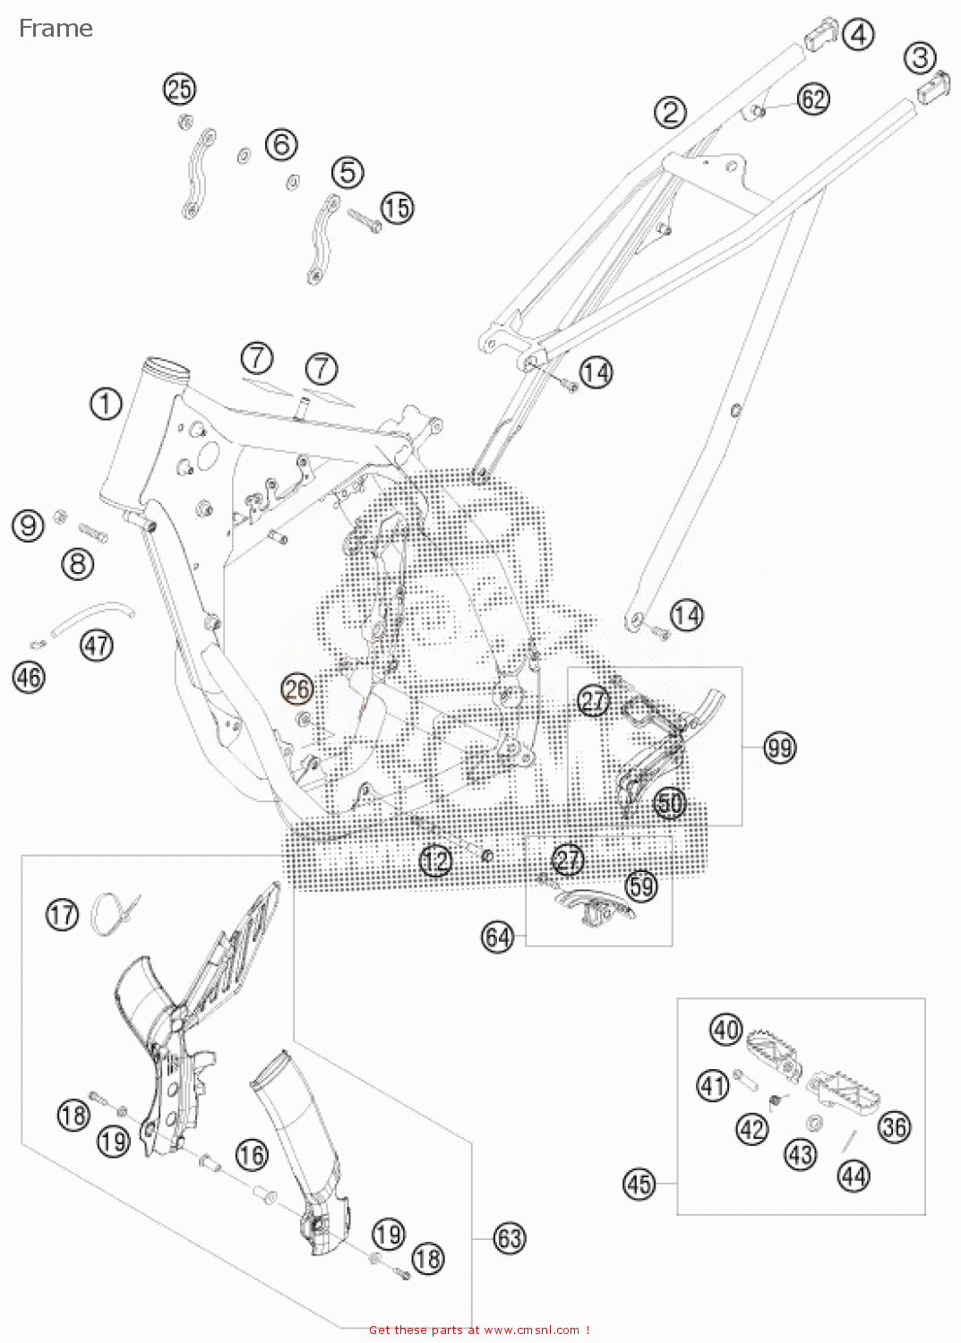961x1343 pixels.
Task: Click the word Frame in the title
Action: [x=56, y=29]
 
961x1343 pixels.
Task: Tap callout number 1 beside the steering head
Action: [x=106, y=404]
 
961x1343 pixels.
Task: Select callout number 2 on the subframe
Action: [x=670, y=113]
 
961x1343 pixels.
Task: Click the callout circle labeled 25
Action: [x=179, y=89]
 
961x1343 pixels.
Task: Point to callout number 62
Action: [x=813, y=98]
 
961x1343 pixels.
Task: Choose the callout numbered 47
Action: [x=97, y=645]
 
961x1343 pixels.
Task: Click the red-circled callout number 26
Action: [x=297, y=689]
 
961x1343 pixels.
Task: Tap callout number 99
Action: [x=779, y=747]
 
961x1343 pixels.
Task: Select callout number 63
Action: [x=509, y=1238]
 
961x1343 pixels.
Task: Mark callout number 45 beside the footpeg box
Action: [x=639, y=1185]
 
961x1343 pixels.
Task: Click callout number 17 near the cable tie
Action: [x=62, y=914]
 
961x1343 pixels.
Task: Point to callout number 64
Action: [x=497, y=937]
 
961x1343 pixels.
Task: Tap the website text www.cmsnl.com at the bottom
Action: [x=531, y=1330]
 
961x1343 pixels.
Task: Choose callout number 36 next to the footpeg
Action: [x=893, y=1126]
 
